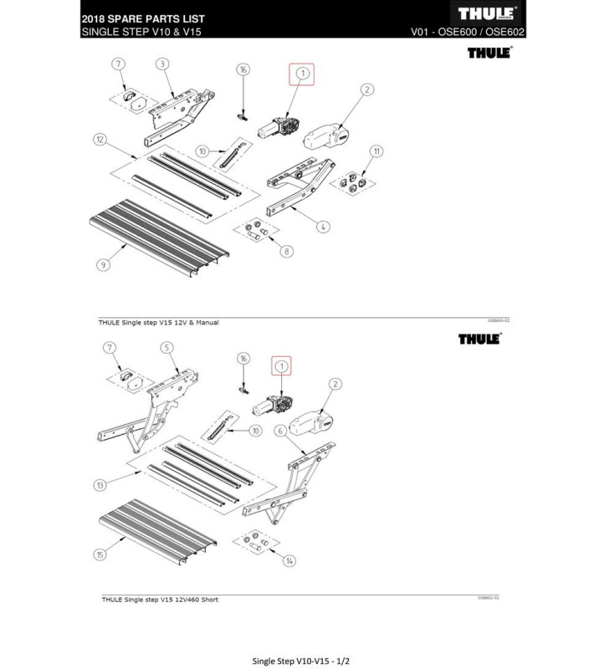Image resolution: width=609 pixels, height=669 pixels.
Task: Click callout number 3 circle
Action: click(x=162, y=64)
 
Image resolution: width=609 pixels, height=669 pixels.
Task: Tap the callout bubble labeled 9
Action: click(x=102, y=265)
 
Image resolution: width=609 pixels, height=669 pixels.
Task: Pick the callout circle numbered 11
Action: click(x=377, y=151)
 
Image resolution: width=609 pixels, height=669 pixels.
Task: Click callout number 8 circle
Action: click(x=288, y=251)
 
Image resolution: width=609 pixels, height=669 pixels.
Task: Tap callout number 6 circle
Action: click(x=281, y=431)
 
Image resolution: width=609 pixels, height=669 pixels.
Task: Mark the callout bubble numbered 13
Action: click(x=100, y=485)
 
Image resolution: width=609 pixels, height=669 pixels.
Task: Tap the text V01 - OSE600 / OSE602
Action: click(x=468, y=33)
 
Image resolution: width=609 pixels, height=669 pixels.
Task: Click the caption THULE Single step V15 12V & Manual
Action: click(x=160, y=324)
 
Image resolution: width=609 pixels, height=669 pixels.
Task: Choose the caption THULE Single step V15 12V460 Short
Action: click(x=158, y=600)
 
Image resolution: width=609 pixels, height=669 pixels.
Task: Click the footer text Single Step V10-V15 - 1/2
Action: click(x=304, y=638)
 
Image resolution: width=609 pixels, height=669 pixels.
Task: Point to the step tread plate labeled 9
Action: click(x=159, y=230)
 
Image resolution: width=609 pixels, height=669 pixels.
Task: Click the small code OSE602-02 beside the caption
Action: click(x=489, y=598)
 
